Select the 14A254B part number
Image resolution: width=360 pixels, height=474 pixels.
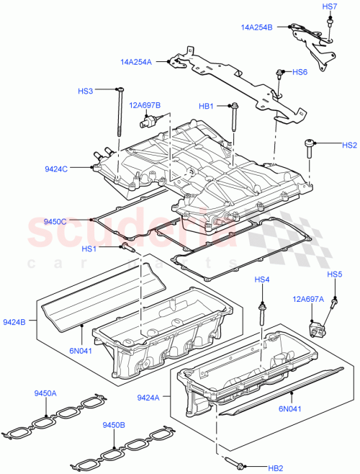point(256,28)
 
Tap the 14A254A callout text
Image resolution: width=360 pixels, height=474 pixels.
point(136,63)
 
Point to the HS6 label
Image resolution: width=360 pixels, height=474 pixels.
point(300,72)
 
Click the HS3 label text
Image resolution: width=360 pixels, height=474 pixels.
point(86,91)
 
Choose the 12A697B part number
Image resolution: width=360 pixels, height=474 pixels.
point(145,105)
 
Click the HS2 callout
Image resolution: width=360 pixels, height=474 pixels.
point(349,145)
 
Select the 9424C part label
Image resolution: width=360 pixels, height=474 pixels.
point(55,169)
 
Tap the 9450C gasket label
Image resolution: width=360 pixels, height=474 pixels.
point(55,222)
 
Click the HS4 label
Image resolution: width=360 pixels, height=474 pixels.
point(261,279)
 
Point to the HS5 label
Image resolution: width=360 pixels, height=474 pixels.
point(334,274)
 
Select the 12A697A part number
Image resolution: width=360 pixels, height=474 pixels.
point(307,298)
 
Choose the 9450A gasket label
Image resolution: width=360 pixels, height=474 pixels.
point(46,393)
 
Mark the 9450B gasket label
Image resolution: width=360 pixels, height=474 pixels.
point(114,424)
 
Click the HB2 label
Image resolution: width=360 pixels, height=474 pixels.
point(275,468)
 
